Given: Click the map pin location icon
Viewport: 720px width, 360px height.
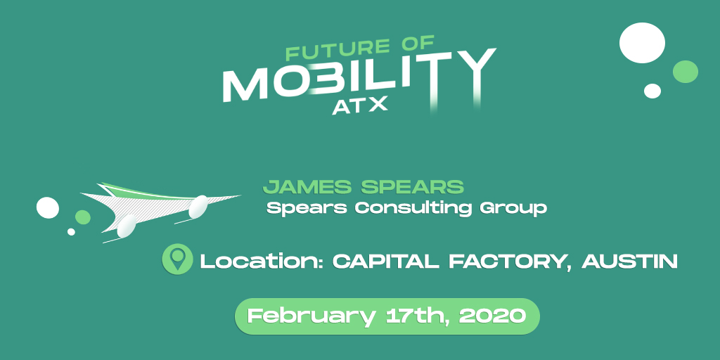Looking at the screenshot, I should [177, 259].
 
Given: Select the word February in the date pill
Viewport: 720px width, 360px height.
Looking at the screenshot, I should [311, 316].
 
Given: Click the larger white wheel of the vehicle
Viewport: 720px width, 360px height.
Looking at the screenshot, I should [127, 226].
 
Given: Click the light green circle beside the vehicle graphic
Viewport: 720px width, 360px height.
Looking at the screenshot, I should [83, 217].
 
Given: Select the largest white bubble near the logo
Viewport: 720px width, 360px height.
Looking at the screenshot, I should [642, 43].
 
